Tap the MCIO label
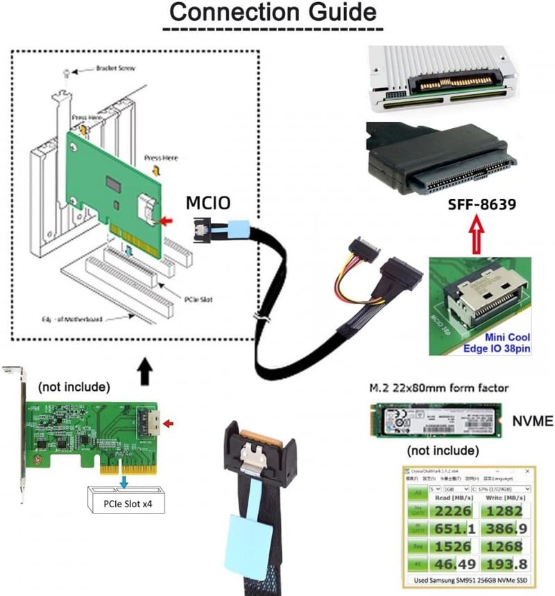(x=207, y=203)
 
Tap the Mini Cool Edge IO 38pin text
(x=493, y=343)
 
